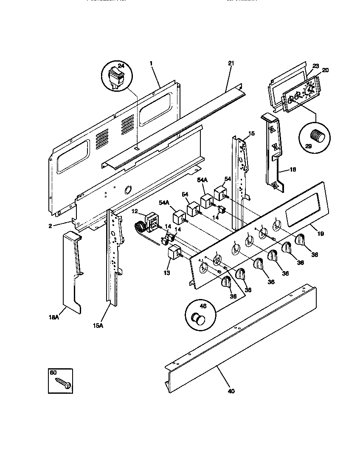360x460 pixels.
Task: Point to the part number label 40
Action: click(x=231, y=391)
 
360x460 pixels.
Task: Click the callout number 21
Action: click(x=231, y=63)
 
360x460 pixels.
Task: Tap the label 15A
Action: click(x=98, y=325)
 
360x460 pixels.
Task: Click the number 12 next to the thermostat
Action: click(x=134, y=211)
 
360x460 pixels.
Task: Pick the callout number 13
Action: click(x=166, y=272)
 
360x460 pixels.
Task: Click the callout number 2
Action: click(x=50, y=226)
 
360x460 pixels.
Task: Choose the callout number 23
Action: click(x=315, y=66)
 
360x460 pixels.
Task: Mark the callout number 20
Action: click(x=325, y=70)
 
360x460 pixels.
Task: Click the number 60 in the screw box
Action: click(x=53, y=373)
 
